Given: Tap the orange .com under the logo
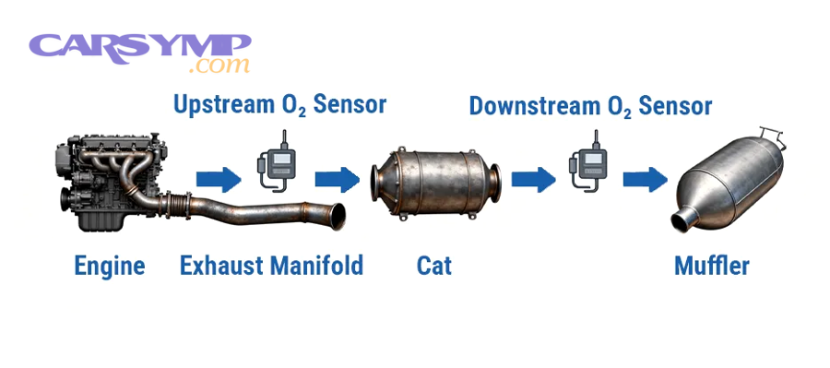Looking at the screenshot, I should (x=218, y=66).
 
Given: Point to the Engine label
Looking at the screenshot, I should (x=110, y=267).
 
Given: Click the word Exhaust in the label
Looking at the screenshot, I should (x=222, y=267).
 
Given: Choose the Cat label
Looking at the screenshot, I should (x=434, y=267).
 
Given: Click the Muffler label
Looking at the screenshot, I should (x=711, y=267).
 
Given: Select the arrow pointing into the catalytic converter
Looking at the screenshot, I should (x=337, y=176).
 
